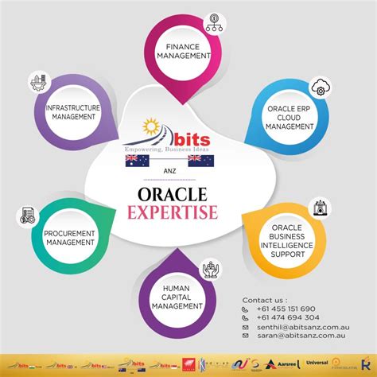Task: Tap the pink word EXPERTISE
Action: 188,212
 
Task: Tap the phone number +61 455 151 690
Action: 284,309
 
